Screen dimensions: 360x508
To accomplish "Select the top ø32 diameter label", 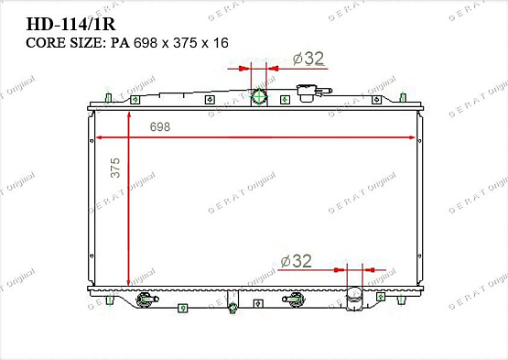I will coord(308,59).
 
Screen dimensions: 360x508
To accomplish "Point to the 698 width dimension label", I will coord(159,127).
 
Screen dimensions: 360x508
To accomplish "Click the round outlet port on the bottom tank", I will coord(354,299).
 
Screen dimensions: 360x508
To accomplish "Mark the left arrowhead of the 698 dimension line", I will coord(100,138).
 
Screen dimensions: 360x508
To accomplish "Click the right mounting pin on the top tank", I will coord(403,94).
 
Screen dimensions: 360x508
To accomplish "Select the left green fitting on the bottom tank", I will coord(146,299).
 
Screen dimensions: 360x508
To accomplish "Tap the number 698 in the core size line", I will coord(152,41).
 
